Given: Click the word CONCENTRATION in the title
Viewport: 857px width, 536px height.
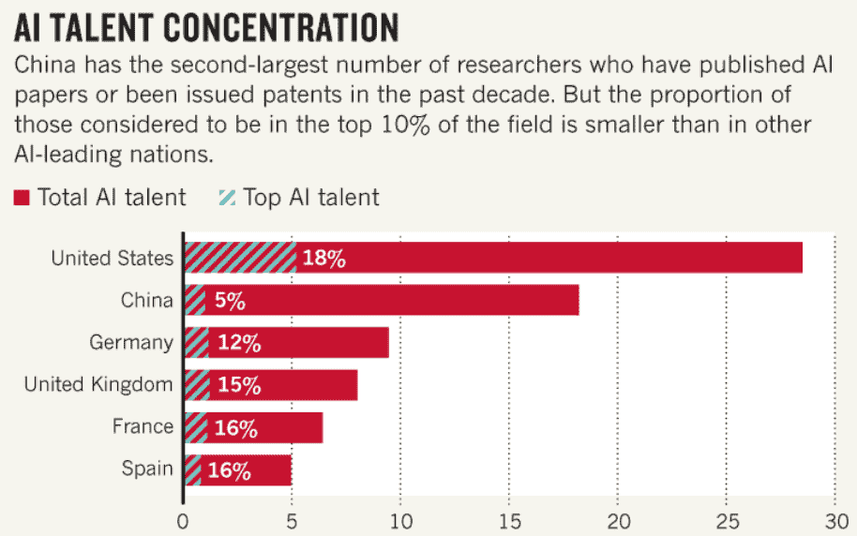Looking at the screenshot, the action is (x=281, y=28).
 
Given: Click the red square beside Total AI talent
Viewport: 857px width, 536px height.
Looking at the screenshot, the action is (x=22, y=197).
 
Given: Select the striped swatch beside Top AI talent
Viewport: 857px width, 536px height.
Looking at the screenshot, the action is (x=227, y=197).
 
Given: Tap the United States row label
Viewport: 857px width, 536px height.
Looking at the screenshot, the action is (x=112, y=258).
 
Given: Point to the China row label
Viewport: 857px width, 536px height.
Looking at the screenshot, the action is (x=147, y=300).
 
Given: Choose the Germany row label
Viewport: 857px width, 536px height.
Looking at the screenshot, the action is (x=131, y=343).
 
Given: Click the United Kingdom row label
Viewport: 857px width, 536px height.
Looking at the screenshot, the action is (x=98, y=384).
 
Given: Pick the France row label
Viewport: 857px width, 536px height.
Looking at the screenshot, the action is (x=143, y=426).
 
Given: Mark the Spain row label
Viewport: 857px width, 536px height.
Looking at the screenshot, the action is (x=147, y=469).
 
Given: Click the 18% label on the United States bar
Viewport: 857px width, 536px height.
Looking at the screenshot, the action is (x=324, y=258).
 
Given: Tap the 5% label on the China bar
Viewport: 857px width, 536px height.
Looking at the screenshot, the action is (x=230, y=301).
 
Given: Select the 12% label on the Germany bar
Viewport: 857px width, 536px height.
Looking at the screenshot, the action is (x=239, y=343).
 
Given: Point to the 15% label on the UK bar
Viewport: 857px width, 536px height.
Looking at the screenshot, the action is (x=239, y=385).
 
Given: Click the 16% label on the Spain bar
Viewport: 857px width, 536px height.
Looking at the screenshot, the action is (x=230, y=470).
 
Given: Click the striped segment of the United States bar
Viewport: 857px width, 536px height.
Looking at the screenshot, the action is (x=240, y=258).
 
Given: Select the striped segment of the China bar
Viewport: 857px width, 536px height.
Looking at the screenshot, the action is (x=195, y=300).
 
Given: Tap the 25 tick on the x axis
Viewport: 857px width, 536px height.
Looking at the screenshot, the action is (x=727, y=522).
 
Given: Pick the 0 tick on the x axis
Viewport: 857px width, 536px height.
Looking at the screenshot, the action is (x=183, y=522).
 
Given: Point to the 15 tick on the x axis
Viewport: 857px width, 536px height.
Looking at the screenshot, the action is (x=509, y=522).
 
